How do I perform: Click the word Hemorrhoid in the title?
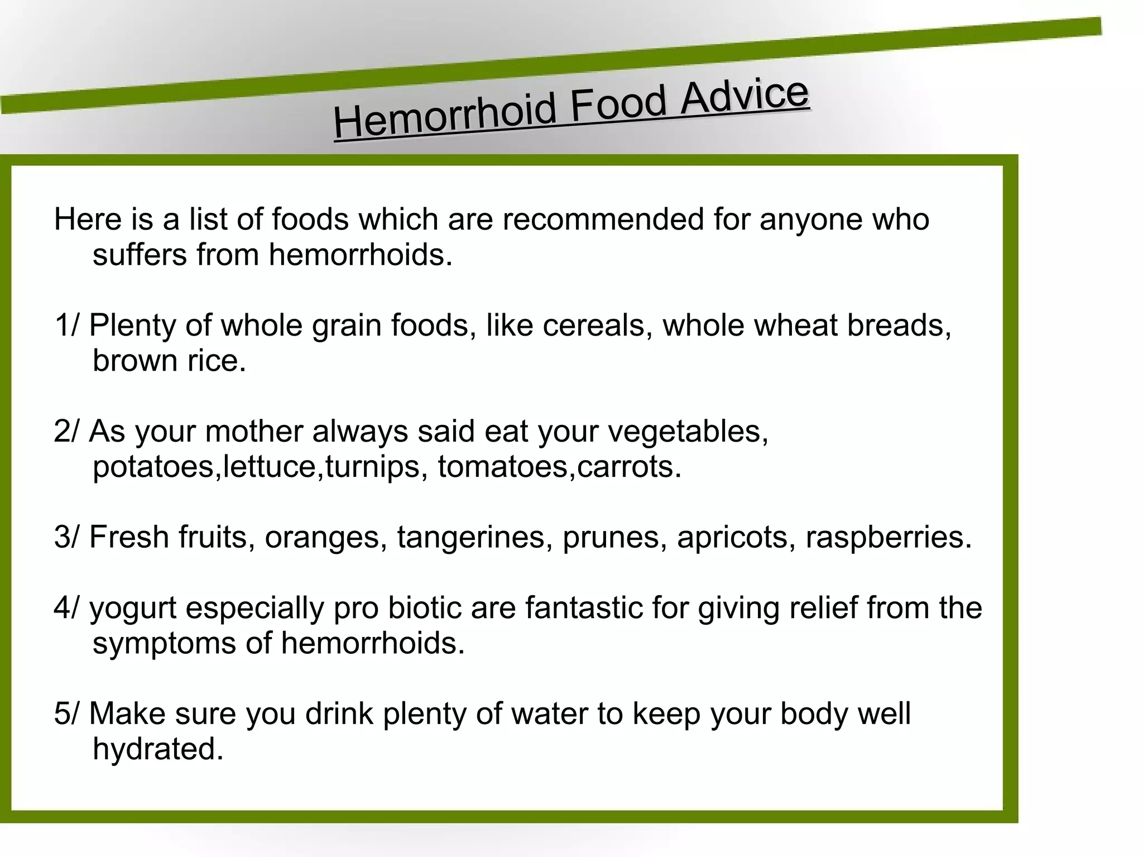(x=445, y=116)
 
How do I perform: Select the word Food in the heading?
(x=618, y=104)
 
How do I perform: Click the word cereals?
(x=597, y=325)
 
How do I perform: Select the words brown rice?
(x=169, y=361)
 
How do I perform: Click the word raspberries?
(x=889, y=537)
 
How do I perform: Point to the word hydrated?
(x=157, y=749)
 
